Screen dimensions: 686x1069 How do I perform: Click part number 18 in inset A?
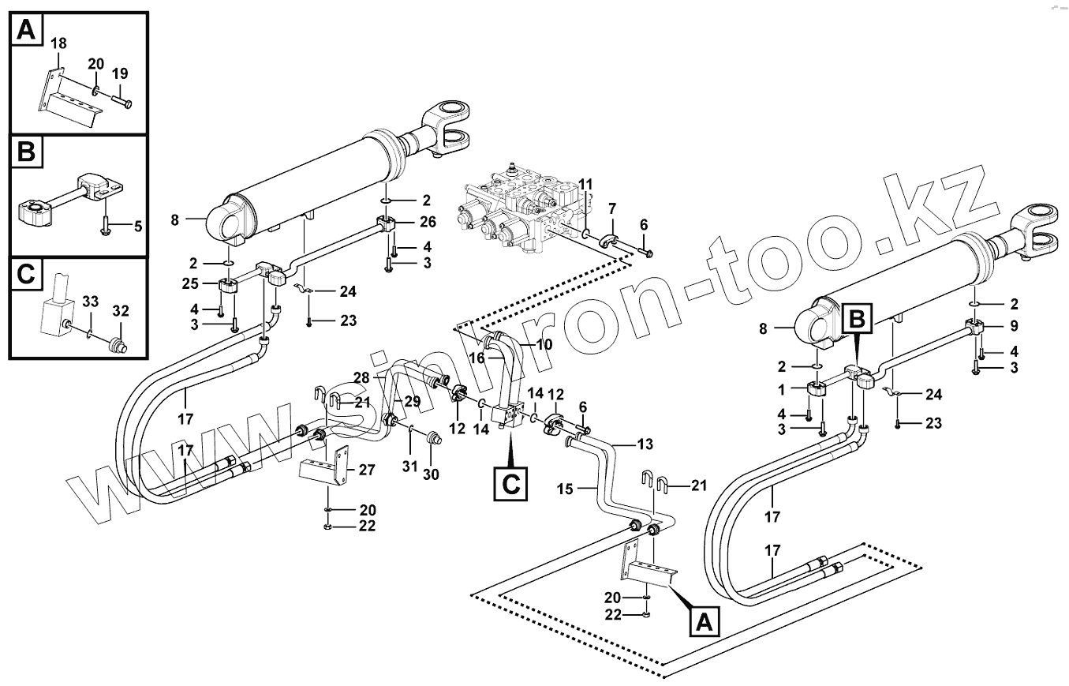(59, 44)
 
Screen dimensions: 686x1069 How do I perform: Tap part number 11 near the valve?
(585, 184)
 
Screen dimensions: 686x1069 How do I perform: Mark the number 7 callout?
(611, 208)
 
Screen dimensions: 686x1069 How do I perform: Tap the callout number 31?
(409, 466)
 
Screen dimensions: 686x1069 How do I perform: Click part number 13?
(645, 444)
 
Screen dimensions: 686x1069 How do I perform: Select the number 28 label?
(362, 379)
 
